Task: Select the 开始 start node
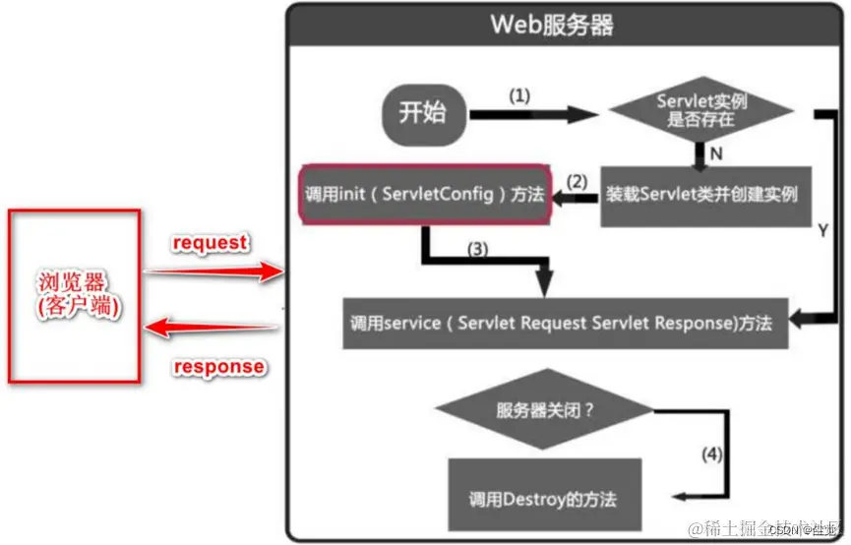[x=422, y=113]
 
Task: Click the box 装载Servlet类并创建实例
[x=701, y=194]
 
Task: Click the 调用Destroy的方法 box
[x=544, y=497]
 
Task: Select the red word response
[x=218, y=367]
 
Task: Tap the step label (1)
[x=518, y=96]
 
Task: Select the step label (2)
[x=577, y=181]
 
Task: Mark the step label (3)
[x=476, y=249]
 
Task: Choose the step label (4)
[x=711, y=455]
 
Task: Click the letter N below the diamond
[x=716, y=153]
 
